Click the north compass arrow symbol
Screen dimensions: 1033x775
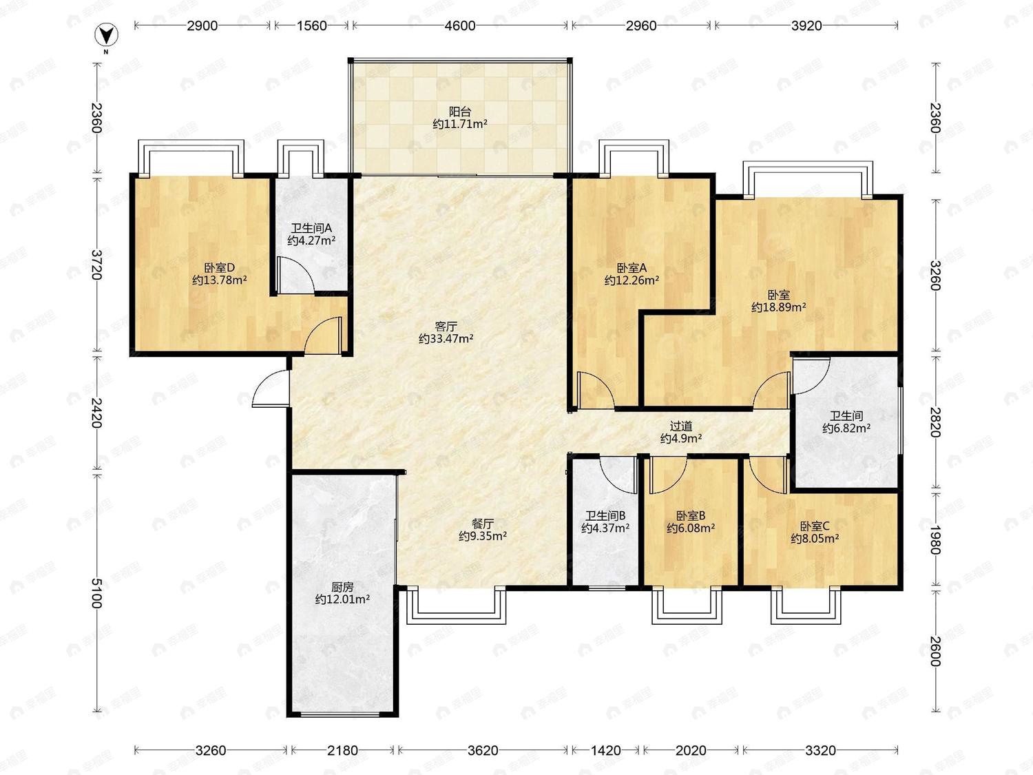click(106, 35)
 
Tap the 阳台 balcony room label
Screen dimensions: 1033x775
click(460, 112)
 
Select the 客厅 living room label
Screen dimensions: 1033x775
click(446, 326)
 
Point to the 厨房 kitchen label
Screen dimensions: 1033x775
click(342, 587)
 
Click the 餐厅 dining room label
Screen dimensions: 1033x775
click(482, 524)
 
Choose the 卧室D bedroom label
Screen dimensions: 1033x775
click(219, 268)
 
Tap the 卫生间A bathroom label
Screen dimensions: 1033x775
click(311, 228)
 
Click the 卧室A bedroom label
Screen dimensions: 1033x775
click(632, 268)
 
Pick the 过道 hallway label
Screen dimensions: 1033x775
click(680, 426)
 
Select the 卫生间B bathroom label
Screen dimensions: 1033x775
click(605, 516)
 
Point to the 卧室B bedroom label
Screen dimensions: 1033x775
click(691, 516)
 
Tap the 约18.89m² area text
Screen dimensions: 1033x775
click(778, 307)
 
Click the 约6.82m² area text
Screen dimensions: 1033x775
click(846, 428)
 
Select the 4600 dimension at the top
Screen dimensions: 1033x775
click(460, 25)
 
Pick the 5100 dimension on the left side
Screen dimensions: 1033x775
click(96, 593)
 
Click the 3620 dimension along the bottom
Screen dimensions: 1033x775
click(482, 750)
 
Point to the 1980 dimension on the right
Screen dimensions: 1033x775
click(935, 539)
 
